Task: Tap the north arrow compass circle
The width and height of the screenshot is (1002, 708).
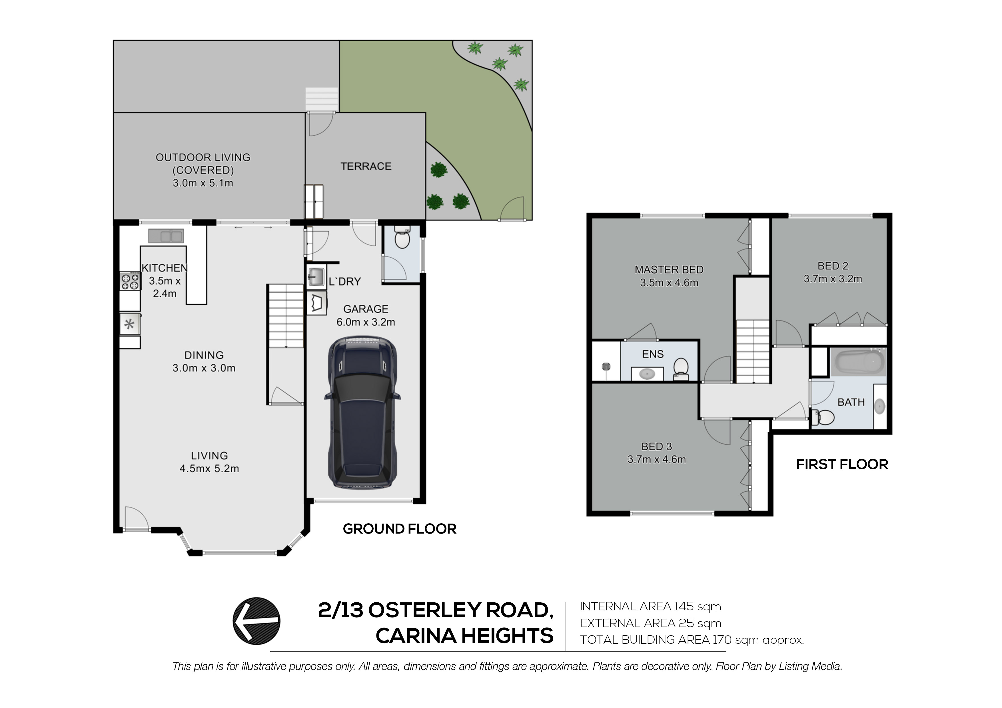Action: pos(256,621)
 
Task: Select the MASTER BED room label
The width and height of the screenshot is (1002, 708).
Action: pos(669,269)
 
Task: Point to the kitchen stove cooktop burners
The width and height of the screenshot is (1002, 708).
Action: pos(130,281)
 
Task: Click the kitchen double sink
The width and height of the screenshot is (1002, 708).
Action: pos(166,236)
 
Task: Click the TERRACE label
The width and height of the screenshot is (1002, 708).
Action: pos(366,166)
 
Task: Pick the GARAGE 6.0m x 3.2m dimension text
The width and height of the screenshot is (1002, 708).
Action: pos(366,322)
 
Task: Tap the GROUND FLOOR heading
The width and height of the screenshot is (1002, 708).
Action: pos(399,529)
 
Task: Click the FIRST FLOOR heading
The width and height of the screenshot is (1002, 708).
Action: pos(842,464)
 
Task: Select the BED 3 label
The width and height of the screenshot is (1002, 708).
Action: pos(656,446)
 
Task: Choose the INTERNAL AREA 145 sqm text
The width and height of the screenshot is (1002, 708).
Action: pos(650,606)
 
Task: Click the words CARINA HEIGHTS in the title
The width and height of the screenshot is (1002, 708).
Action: pos(464,636)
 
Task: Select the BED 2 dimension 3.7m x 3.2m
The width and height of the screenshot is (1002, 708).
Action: pos(833,279)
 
